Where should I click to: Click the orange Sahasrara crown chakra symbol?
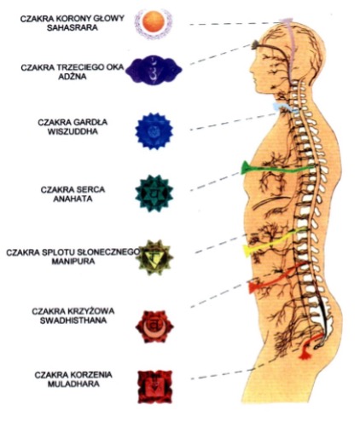click(x=154, y=23)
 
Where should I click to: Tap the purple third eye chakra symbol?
click(x=154, y=70)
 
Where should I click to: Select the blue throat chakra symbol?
click(x=154, y=130)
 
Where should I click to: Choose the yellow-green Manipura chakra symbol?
click(x=154, y=257)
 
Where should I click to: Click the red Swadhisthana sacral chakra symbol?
click(x=154, y=327)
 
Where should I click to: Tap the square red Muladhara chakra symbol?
click(x=154, y=386)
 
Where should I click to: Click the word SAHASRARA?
click(x=73, y=28)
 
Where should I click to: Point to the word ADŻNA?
click(x=73, y=77)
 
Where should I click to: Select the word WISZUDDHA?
click(x=73, y=132)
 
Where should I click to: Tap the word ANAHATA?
click(x=73, y=199)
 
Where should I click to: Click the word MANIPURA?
click(x=73, y=261)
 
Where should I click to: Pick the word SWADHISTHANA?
click(x=73, y=321)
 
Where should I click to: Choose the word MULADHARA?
click(x=73, y=384)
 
